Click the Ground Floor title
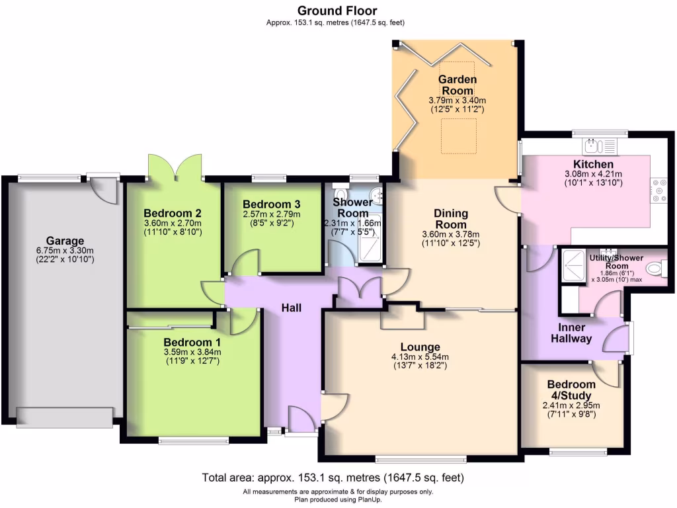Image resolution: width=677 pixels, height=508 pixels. tap(337, 11)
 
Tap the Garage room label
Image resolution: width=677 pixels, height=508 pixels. tap(65, 241)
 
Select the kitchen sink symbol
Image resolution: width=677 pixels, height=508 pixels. tap(599, 146)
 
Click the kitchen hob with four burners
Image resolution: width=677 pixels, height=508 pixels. tap(658, 190)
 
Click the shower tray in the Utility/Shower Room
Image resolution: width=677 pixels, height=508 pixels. tap(569, 268)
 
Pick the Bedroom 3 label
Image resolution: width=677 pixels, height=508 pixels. tap(271, 204)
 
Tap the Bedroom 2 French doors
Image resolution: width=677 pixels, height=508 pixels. tap(175, 167)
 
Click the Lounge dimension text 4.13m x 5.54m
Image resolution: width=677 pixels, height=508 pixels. tap(420, 358)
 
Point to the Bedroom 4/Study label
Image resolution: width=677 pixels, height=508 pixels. tap(571, 390)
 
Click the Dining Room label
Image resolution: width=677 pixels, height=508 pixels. tap(450, 219)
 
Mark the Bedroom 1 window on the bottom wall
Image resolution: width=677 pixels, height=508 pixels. tap(194, 440)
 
